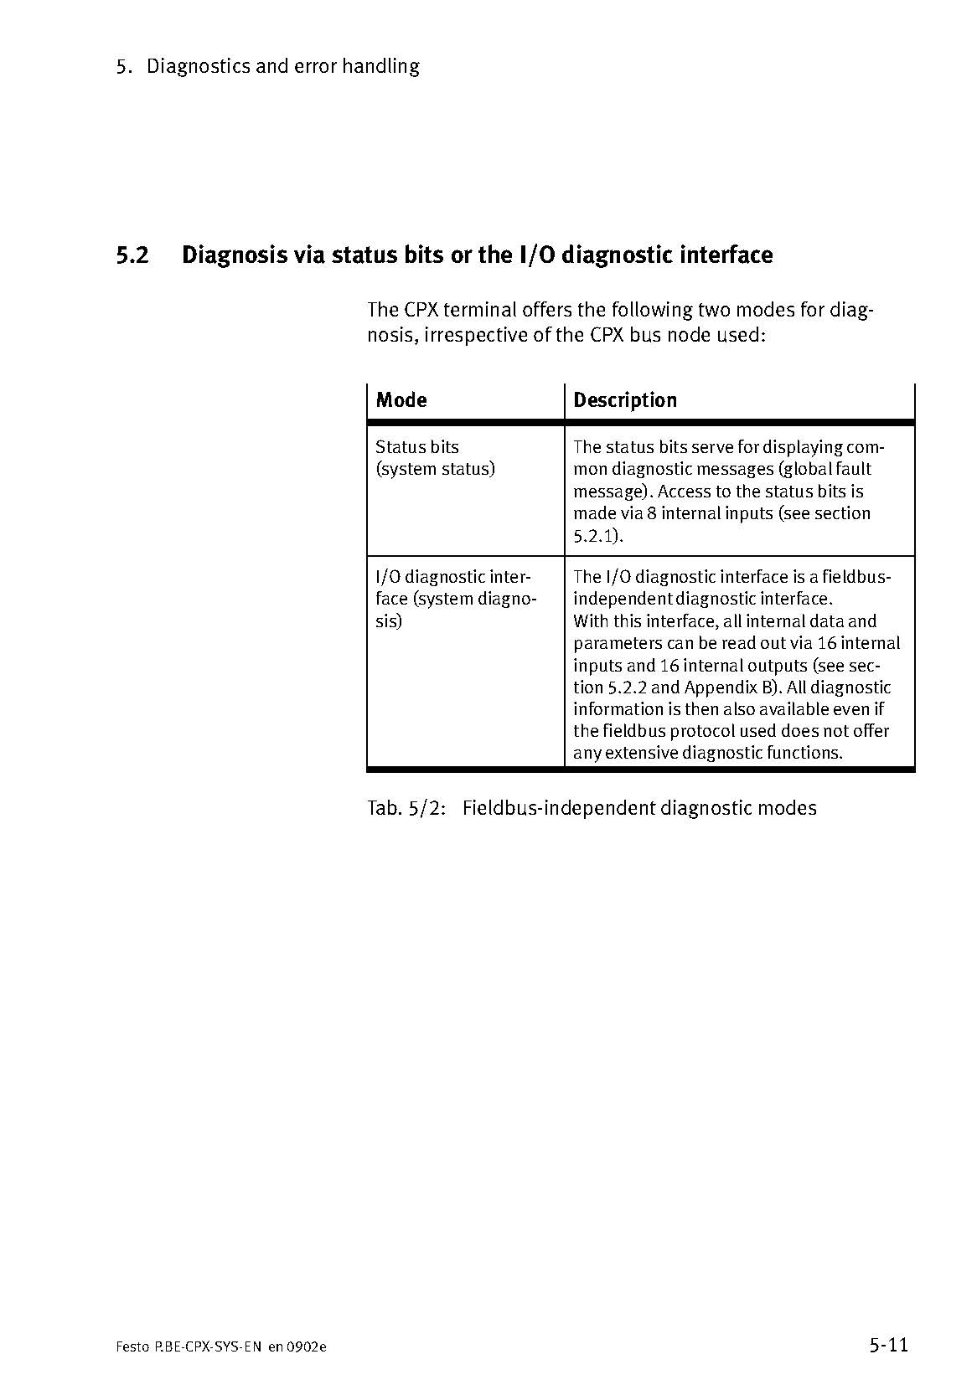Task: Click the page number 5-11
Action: click(888, 1346)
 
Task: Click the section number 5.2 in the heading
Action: click(132, 255)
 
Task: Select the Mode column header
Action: click(401, 400)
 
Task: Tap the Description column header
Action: click(624, 400)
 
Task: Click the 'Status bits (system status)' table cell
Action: click(435, 458)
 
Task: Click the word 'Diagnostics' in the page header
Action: click(198, 66)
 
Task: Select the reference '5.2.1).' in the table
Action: click(598, 536)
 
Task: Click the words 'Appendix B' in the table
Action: click(731, 687)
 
